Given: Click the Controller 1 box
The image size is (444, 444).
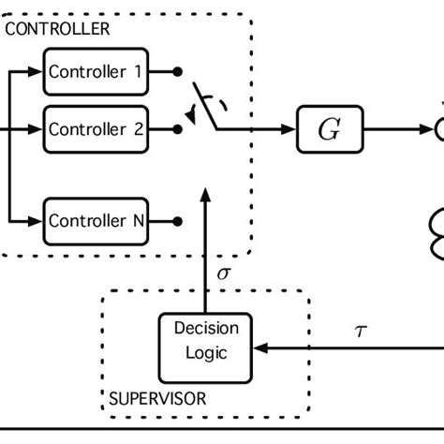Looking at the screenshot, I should tap(94, 71).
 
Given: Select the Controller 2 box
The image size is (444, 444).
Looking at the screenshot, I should tap(94, 131).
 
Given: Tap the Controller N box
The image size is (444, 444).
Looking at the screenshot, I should tap(94, 221).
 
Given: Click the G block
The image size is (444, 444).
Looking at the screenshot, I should tap(329, 131).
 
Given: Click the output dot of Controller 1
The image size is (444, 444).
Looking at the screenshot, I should tap(177, 71).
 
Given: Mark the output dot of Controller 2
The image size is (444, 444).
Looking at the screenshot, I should tap(177, 131).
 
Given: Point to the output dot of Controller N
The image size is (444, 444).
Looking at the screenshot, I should tap(177, 221).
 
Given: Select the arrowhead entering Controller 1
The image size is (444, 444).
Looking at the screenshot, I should tap(38, 71).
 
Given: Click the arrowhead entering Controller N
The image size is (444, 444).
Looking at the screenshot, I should tap(38, 221).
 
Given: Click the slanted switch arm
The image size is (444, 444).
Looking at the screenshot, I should tap(206, 105).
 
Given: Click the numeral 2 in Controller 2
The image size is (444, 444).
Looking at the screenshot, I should tap(138, 131).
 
